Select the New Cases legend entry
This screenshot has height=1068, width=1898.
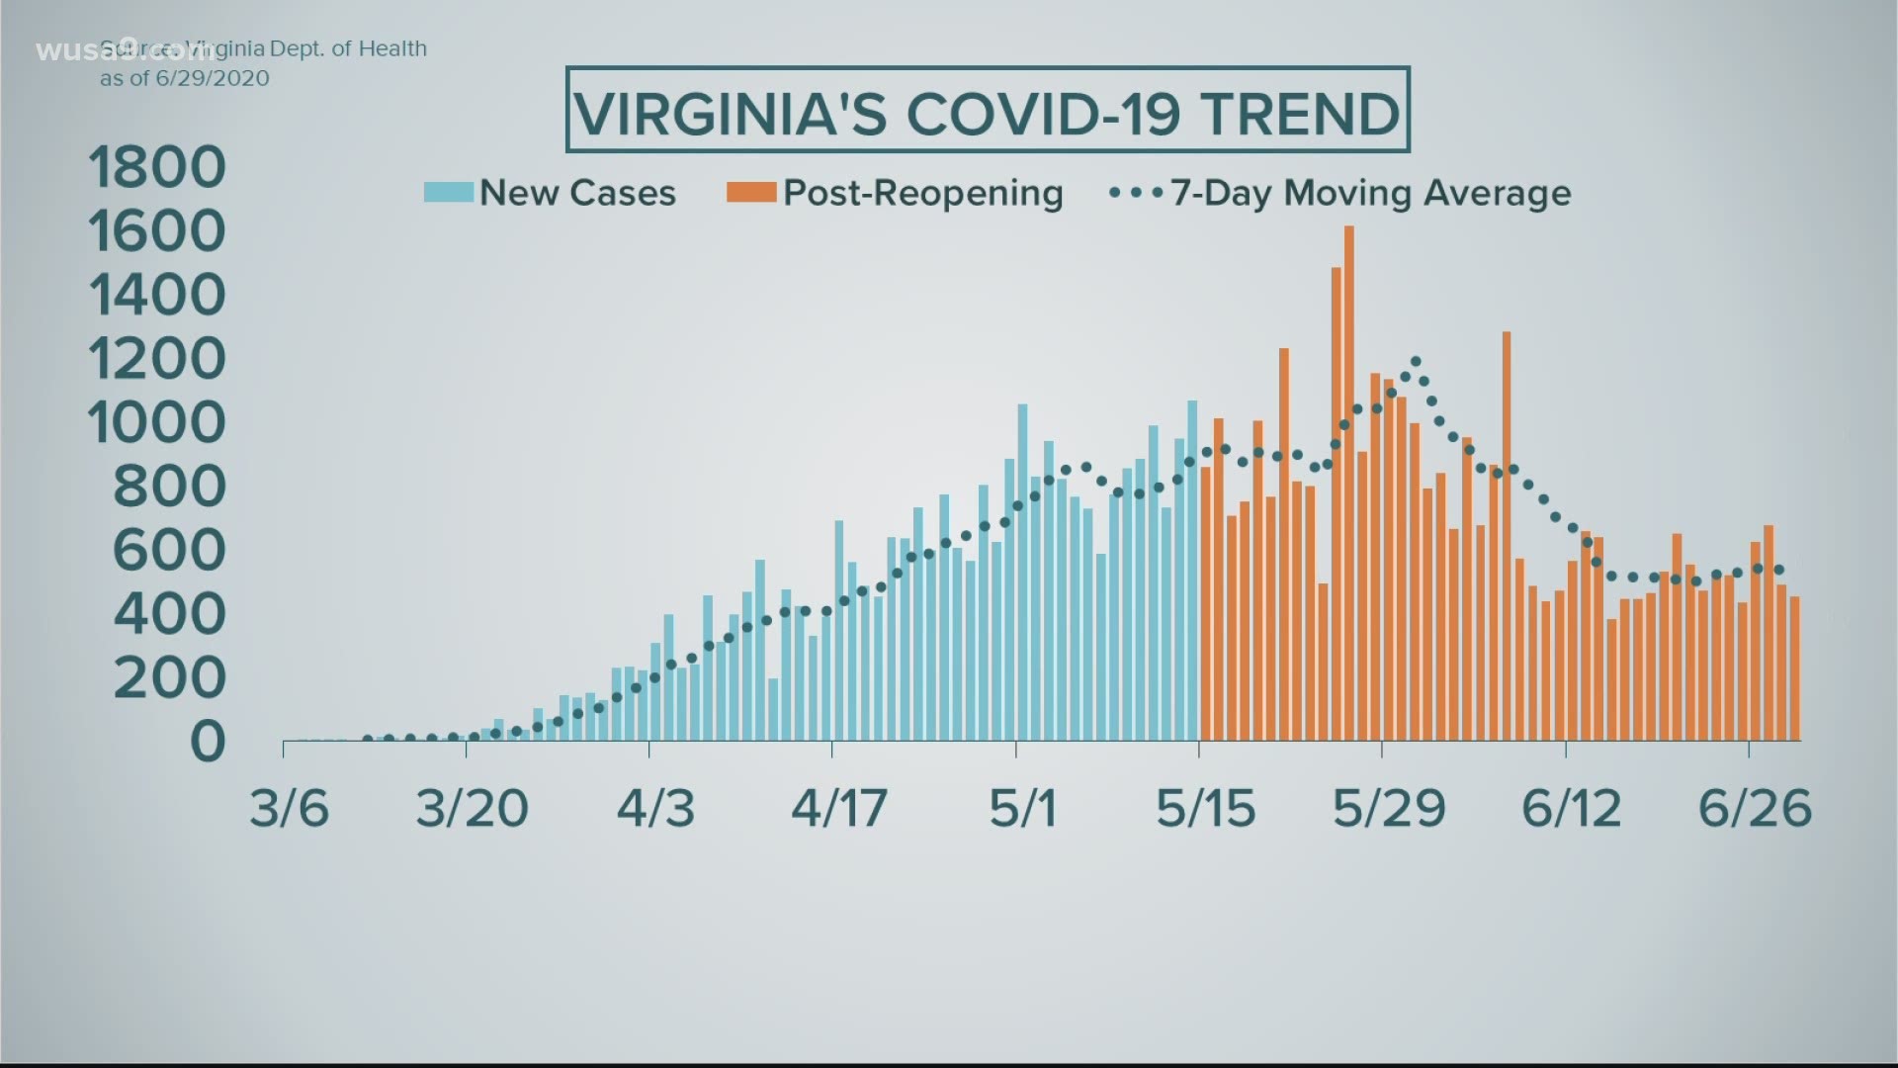click(x=576, y=193)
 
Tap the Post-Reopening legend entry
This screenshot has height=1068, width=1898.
click(x=922, y=193)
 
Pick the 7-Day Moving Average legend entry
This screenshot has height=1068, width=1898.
click(x=1369, y=193)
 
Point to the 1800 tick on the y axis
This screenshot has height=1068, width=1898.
click(x=157, y=167)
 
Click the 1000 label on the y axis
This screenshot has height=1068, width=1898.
click(x=157, y=423)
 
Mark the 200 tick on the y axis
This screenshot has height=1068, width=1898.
click(x=169, y=678)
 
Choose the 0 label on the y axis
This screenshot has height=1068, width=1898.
click(x=208, y=742)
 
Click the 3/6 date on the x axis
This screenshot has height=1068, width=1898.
click(x=289, y=809)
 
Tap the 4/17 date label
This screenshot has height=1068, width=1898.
click(x=838, y=809)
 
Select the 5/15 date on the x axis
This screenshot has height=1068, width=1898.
click(x=1205, y=809)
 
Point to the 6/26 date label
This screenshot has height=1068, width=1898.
click(x=1755, y=809)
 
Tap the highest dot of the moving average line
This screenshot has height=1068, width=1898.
click(x=1416, y=361)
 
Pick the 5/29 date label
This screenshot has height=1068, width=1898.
click(x=1389, y=809)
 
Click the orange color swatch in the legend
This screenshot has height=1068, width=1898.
click(x=750, y=193)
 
